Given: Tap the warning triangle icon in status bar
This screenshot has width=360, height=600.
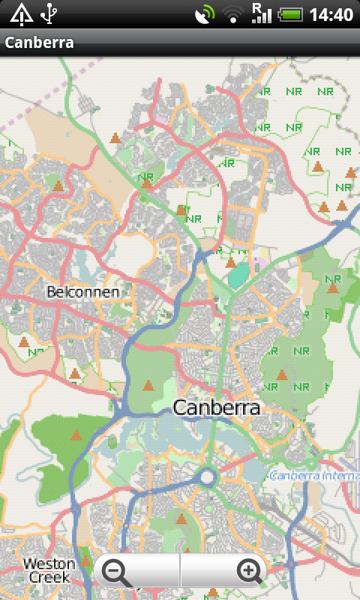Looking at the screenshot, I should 21,13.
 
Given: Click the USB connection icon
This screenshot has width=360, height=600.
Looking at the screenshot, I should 49,13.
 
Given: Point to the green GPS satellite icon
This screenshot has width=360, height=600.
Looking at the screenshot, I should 203,13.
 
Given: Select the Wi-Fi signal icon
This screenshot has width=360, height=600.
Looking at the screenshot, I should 234,13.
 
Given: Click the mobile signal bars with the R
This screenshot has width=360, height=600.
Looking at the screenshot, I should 261,13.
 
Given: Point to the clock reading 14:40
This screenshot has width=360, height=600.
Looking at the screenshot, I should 331,14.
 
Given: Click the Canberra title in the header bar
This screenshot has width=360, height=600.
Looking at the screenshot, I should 40,43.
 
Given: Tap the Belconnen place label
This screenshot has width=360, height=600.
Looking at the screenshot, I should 82,292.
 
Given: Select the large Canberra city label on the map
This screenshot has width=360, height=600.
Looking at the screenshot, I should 216,408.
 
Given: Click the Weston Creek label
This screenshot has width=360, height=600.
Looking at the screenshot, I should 49,570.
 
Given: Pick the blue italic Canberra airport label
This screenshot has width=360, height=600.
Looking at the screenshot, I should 313,475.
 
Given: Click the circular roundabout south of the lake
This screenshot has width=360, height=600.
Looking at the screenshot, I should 208,476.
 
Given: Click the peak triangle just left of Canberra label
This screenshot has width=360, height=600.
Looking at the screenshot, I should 148,386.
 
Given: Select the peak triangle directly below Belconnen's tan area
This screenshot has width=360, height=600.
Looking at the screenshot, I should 74,373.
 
